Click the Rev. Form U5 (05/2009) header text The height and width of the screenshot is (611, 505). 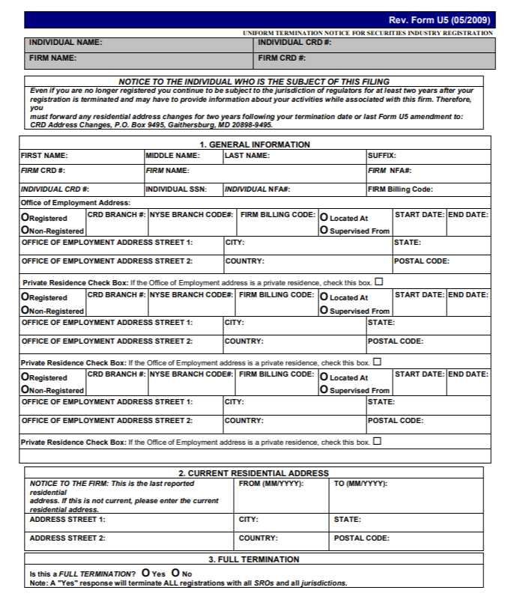pos(439,20)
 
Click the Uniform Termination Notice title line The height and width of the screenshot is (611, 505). pos(367,33)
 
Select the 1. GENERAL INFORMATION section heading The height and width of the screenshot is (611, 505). pos(254,145)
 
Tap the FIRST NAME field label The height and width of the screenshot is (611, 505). pos(44,156)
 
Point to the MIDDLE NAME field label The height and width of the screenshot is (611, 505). pos(173,156)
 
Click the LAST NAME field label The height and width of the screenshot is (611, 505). pos(247,156)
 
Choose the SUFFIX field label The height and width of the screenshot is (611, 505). pos(381,156)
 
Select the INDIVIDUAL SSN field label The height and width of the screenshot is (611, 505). pos(176,189)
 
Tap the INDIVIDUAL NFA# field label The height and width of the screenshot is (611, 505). pos(258,189)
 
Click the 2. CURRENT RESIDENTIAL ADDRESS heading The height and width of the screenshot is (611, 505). pos(253,473)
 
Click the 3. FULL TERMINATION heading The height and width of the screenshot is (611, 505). pos(253,559)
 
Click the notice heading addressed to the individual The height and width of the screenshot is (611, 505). pos(254,82)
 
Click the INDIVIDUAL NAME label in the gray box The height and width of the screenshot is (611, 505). pos(65,43)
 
